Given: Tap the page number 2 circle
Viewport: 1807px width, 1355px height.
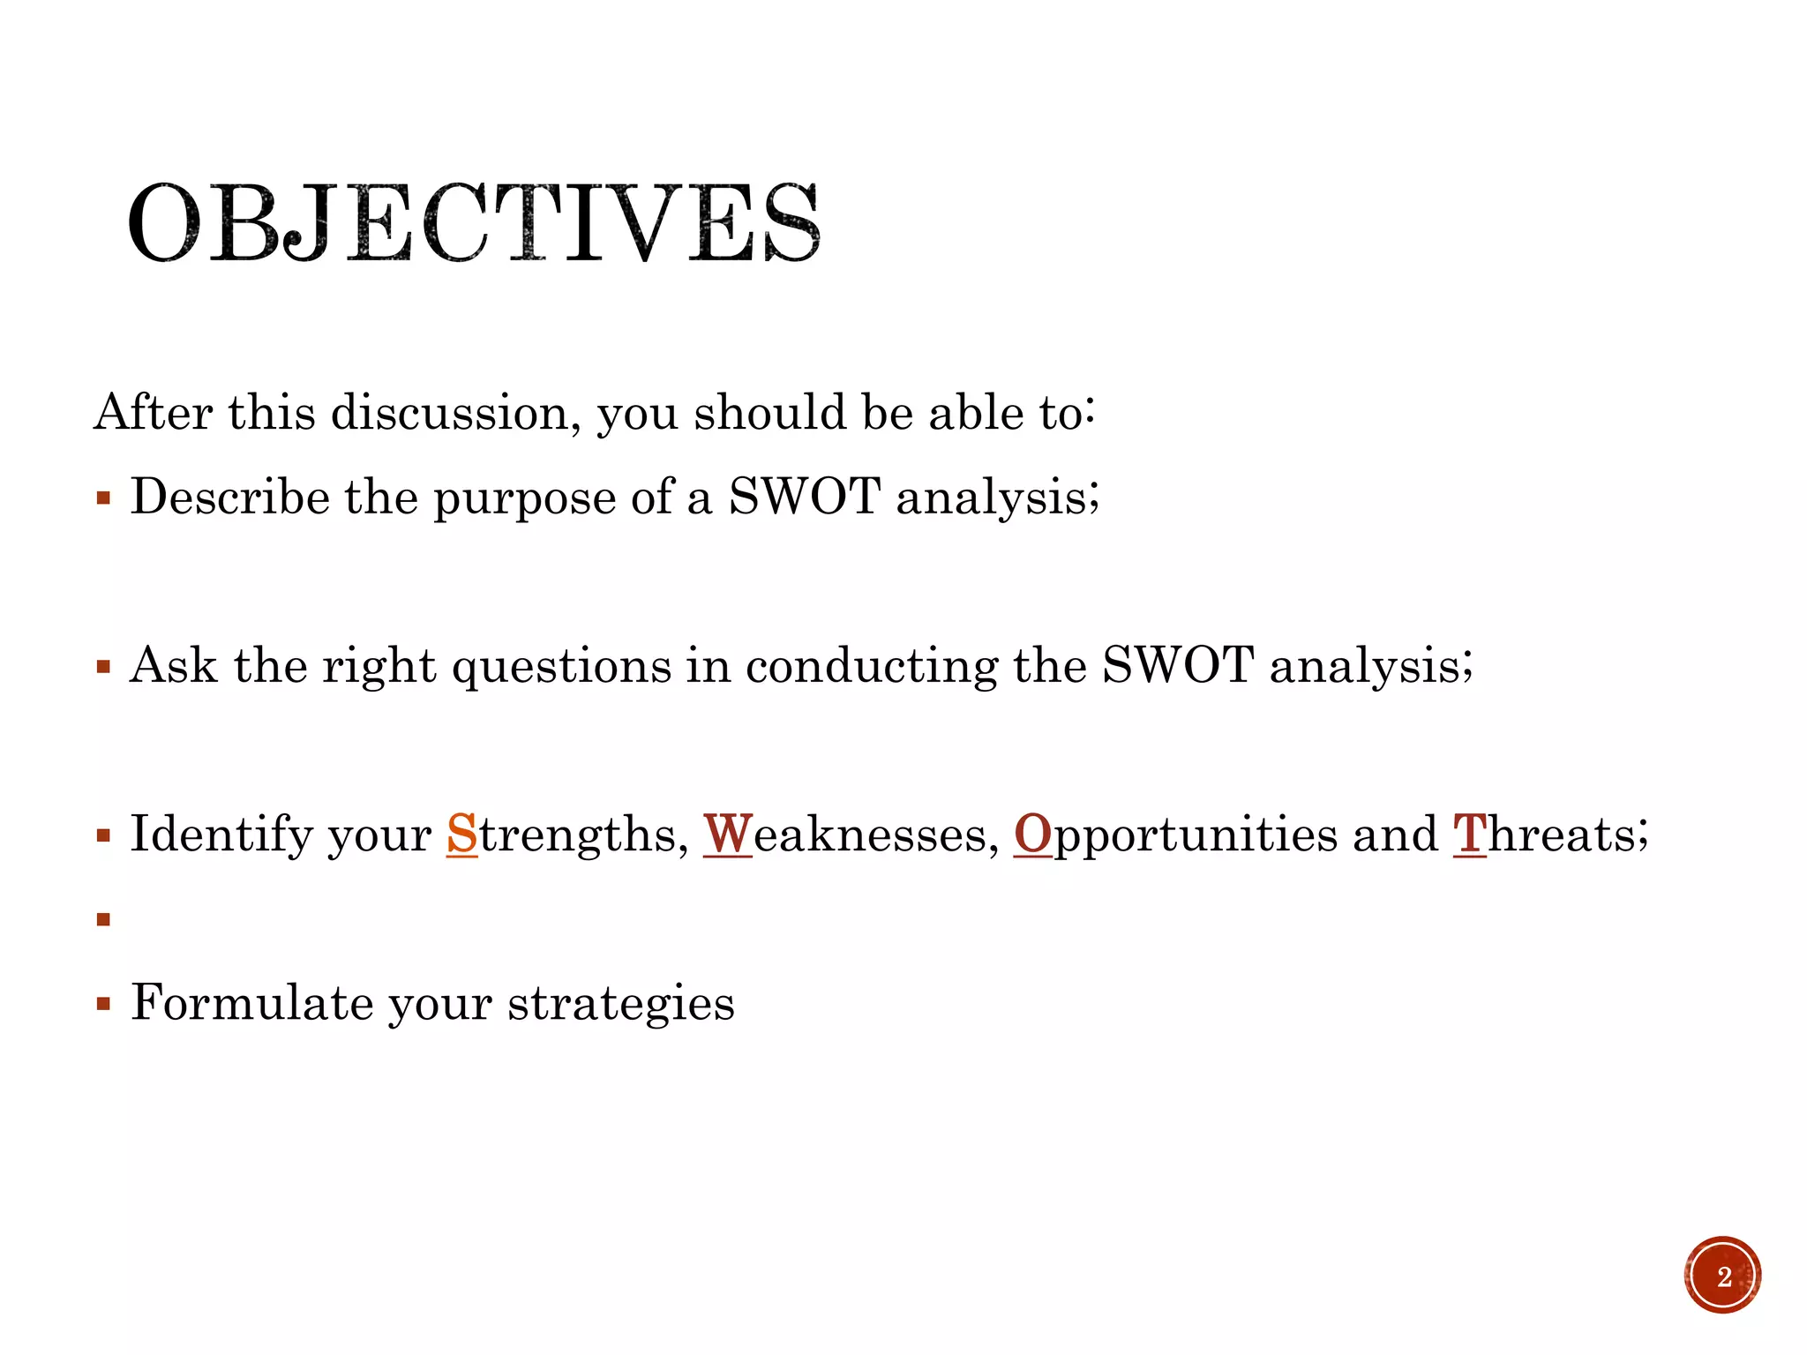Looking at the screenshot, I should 1722,1276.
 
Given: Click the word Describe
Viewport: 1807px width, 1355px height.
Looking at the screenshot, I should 230,497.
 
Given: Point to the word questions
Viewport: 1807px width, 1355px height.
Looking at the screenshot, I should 561,667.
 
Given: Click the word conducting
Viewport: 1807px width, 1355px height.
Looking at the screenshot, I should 871,667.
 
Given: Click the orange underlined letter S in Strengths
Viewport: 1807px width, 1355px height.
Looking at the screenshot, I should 461,834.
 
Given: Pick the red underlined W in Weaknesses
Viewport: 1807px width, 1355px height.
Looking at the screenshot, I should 728,834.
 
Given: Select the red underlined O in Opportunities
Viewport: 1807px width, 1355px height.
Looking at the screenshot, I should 1032,834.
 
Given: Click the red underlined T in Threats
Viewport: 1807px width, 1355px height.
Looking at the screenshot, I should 1469,834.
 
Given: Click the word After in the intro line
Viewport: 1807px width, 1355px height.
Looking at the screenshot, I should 153,412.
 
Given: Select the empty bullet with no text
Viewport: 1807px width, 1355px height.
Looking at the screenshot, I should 104,920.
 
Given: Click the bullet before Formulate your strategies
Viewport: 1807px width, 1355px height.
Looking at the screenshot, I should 104,1004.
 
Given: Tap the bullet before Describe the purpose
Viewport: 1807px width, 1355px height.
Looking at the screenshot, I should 104,498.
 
